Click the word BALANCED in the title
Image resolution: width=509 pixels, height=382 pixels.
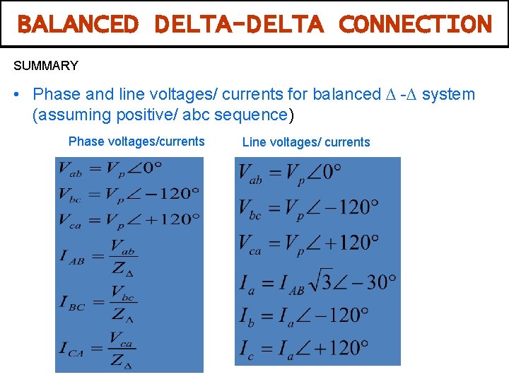coord(78,24)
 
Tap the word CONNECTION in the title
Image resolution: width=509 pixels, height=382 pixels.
coord(415,24)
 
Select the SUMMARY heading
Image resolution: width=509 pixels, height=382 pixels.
coord(46,66)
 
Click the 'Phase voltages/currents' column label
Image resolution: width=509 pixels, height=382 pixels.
coord(136,141)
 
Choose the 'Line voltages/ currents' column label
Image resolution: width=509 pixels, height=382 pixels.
coord(306,142)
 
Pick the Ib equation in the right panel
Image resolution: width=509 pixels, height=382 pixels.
coord(304,314)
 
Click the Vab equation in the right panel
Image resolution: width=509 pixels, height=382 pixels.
coord(290,173)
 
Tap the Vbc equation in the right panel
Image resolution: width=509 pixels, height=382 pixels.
coord(308,208)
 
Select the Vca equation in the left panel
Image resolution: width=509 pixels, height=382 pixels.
coord(129,219)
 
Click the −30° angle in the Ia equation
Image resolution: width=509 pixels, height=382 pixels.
coord(371,282)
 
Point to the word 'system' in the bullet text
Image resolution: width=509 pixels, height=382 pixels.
coord(448,95)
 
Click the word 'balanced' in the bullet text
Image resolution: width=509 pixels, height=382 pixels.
coord(347,95)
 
